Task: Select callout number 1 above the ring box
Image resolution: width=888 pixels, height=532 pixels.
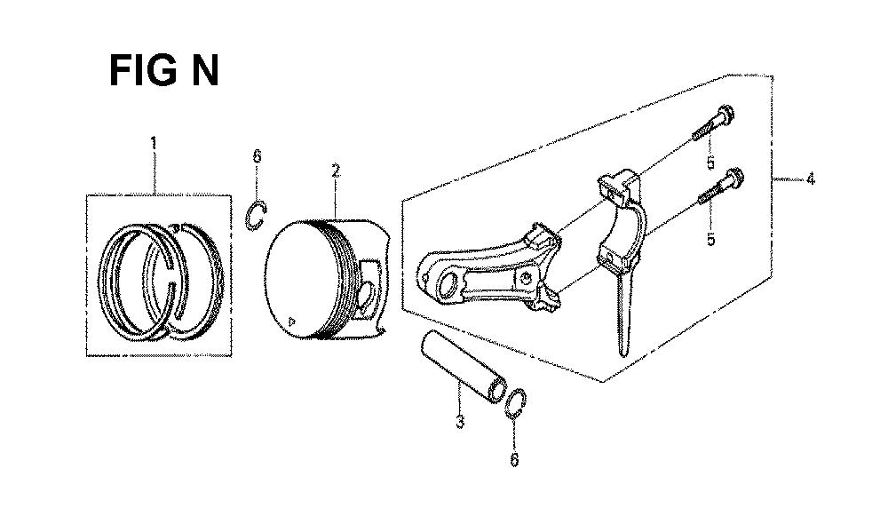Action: pyautogui.click(x=154, y=141)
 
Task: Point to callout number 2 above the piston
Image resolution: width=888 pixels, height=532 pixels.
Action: pyautogui.click(x=336, y=170)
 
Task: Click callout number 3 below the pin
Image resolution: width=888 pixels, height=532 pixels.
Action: pyautogui.click(x=459, y=422)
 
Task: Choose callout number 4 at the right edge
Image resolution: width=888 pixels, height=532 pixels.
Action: pyautogui.click(x=811, y=179)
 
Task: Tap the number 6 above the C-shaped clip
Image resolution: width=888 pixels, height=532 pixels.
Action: pyautogui.click(x=258, y=156)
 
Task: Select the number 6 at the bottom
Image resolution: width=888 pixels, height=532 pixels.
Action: pyautogui.click(x=514, y=459)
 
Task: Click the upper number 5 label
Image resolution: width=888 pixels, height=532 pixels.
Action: pyautogui.click(x=710, y=163)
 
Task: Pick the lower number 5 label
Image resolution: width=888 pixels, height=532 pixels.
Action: pyautogui.click(x=710, y=239)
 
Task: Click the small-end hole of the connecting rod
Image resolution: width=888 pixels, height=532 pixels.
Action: pyautogui.click(x=448, y=283)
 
